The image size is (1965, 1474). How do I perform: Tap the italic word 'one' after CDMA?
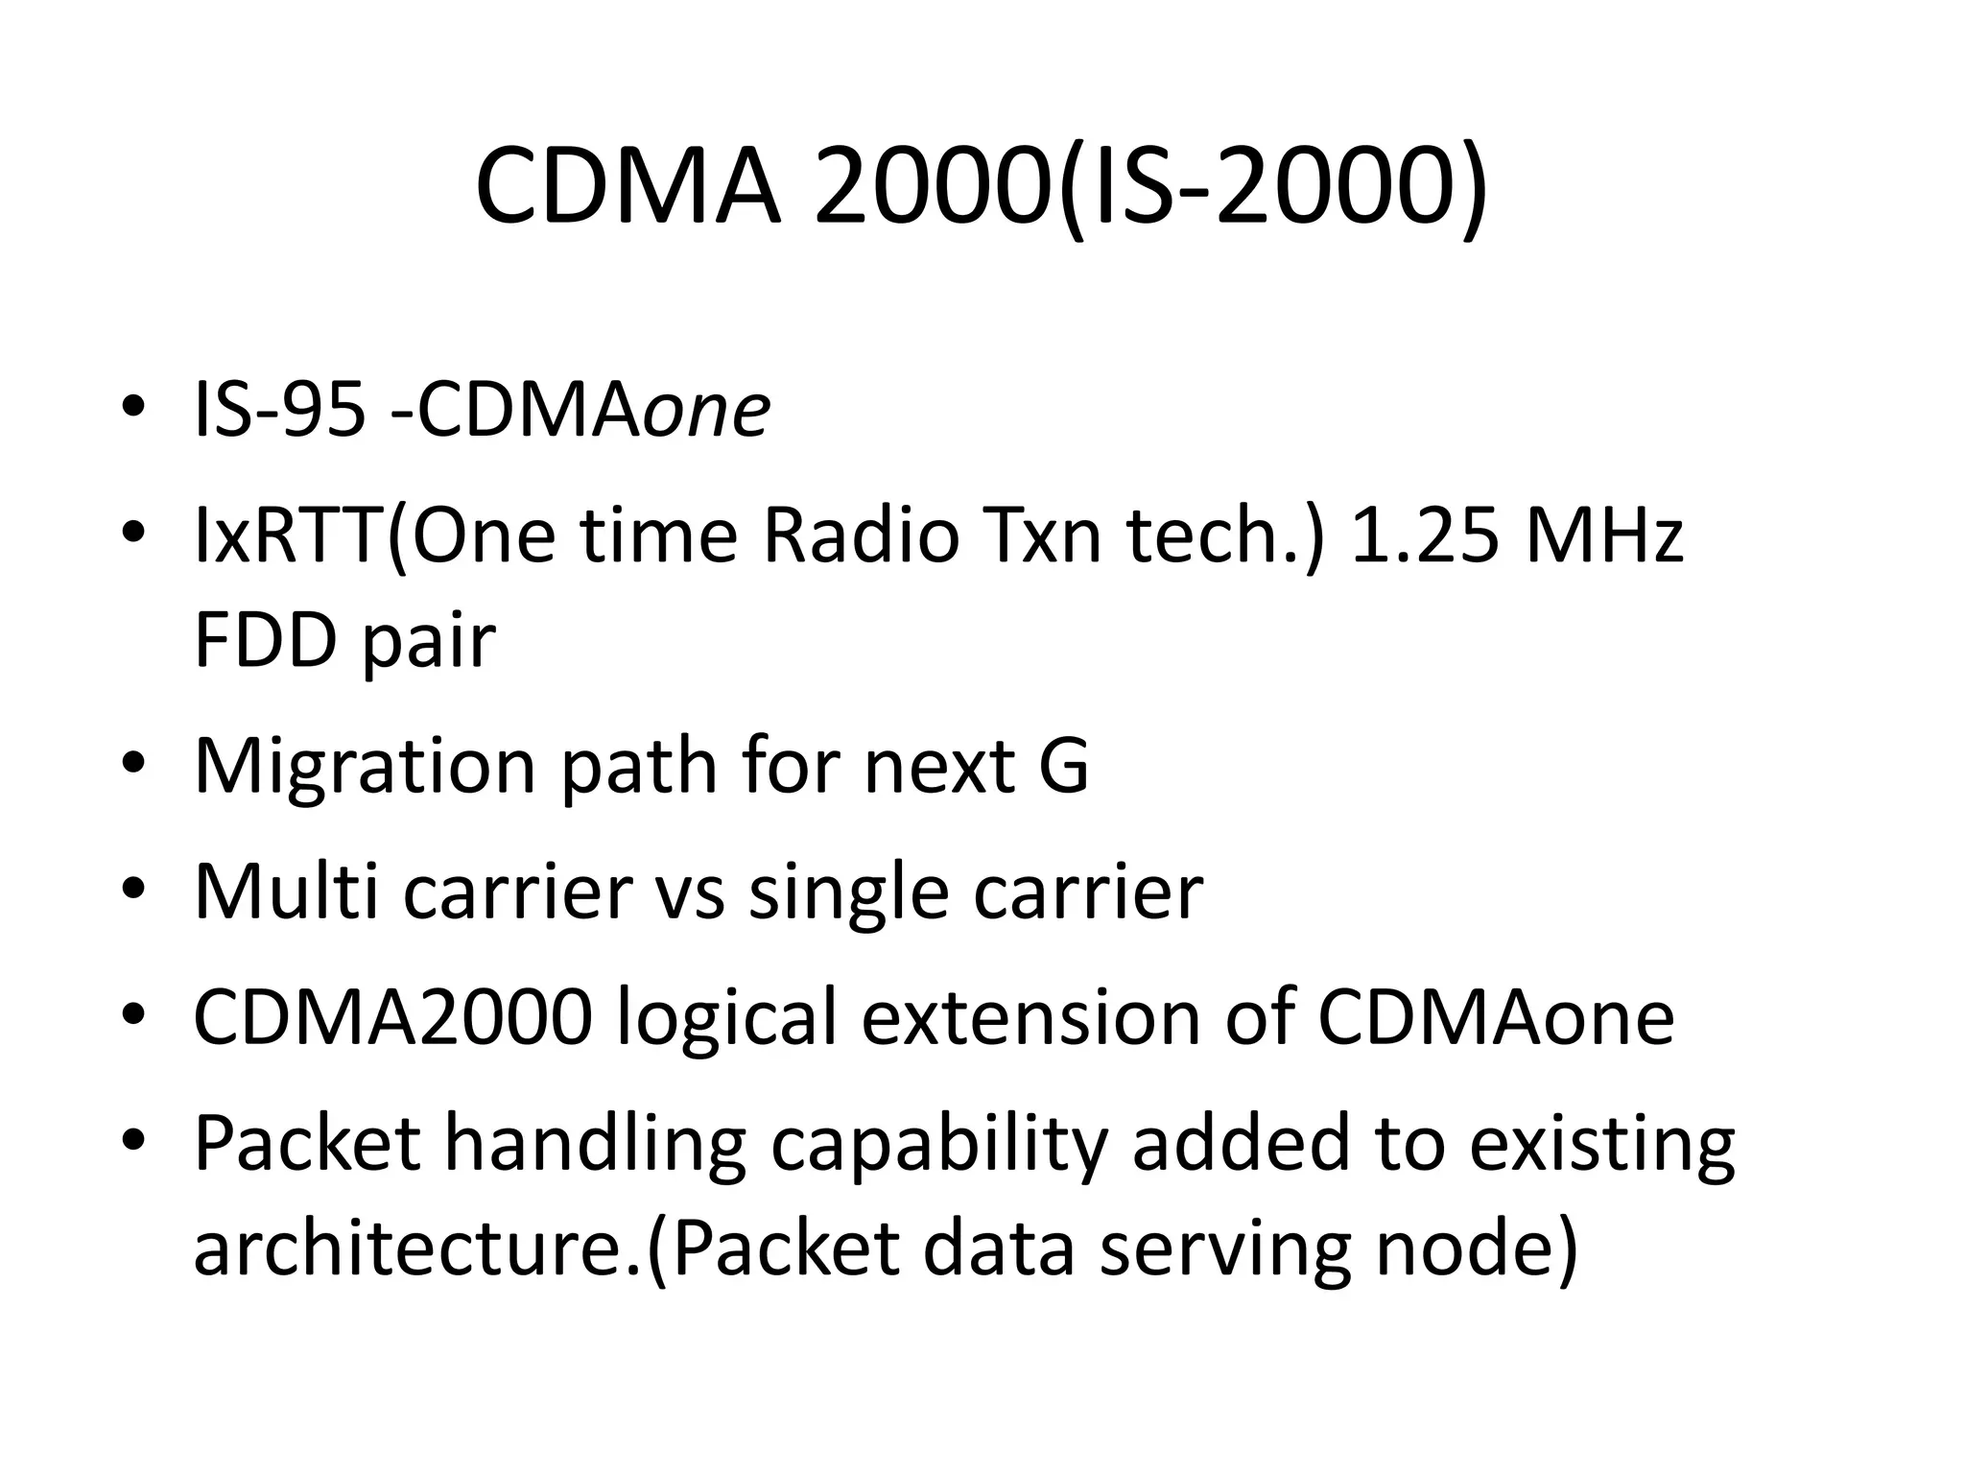coord(706,411)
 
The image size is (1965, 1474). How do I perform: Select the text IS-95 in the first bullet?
coord(279,411)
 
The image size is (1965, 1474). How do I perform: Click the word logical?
coord(728,1018)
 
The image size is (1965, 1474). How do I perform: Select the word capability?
coord(939,1147)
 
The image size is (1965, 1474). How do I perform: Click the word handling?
coord(596,1147)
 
